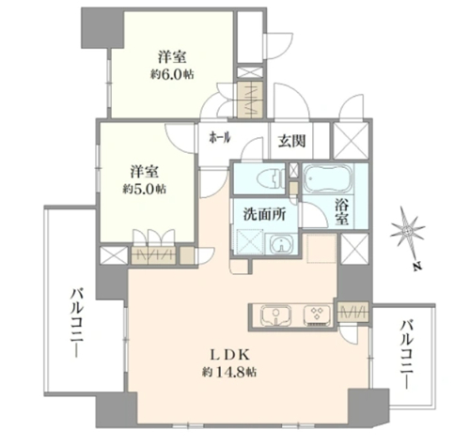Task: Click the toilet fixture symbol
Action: coord(271,179)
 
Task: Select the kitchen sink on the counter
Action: coord(276,315)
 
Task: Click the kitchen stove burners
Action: coord(317,315)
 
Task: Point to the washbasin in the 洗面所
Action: coord(282,244)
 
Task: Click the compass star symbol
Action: coord(407,231)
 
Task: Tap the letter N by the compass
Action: coord(416,267)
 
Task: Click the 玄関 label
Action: coord(292,141)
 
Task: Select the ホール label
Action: coord(220,137)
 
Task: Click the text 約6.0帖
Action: coord(172,74)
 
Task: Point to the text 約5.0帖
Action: coord(145,189)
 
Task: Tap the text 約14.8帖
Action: coord(229,372)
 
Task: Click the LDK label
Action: coord(229,355)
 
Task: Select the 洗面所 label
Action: coord(265,215)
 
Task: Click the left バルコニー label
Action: coord(77,323)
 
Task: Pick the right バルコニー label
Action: coord(407,354)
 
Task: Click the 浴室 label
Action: coord(342,212)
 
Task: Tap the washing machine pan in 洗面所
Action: coord(250,241)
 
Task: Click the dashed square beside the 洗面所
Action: coord(321,249)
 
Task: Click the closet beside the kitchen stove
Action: coord(353,313)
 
